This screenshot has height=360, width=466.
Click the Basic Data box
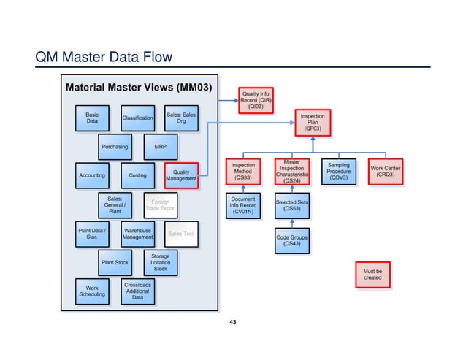[x=92, y=118]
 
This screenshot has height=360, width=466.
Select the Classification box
[x=137, y=118]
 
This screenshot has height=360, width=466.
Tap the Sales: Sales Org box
[x=181, y=118]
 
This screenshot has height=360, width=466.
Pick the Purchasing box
[x=115, y=146]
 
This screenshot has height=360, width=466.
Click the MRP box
[x=160, y=146]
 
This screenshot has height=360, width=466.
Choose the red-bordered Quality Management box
[x=181, y=175]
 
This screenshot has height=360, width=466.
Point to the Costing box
[x=137, y=175]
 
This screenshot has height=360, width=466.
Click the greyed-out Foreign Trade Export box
[x=159, y=204]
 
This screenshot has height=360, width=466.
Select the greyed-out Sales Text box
[x=181, y=233]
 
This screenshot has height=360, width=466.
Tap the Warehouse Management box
[x=137, y=233]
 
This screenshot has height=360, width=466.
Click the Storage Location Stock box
[x=160, y=262]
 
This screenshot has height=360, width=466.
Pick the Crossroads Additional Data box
[x=137, y=290]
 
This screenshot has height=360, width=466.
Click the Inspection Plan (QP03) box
[x=313, y=122]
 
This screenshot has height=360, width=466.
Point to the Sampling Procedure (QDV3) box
[x=339, y=172]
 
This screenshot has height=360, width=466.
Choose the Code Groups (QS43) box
[x=291, y=240]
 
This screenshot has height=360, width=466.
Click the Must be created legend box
[x=372, y=274]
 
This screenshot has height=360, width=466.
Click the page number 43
[x=233, y=321]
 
